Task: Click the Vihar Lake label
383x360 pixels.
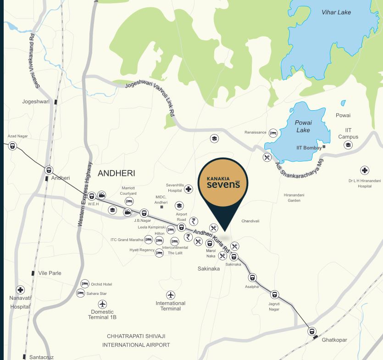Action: tap(336, 12)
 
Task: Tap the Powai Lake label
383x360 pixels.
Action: tap(303, 126)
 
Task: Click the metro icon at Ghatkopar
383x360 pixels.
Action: tap(311, 331)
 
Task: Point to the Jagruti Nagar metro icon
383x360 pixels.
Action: tap(274, 295)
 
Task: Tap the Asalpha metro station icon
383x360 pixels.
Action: tap(252, 278)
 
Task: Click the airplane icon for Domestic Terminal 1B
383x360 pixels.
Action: tap(102, 304)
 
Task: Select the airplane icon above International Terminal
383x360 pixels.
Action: tap(171, 295)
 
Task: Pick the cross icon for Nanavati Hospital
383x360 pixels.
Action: tap(20, 290)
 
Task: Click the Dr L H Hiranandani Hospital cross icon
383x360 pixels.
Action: tap(364, 170)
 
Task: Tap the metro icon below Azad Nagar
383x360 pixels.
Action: tap(12, 146)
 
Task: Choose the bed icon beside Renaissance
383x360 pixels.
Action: tap(273, 133)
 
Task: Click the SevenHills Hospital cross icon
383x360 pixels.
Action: tap(189, 189)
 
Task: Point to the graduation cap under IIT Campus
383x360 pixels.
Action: tap(348, 145)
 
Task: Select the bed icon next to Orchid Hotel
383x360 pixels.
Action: tap(85, 284)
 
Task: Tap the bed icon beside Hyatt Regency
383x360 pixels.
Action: tap(159, 253)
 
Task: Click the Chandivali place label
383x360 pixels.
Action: tap(250, 221)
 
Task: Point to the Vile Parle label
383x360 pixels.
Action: tap(50, 273)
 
